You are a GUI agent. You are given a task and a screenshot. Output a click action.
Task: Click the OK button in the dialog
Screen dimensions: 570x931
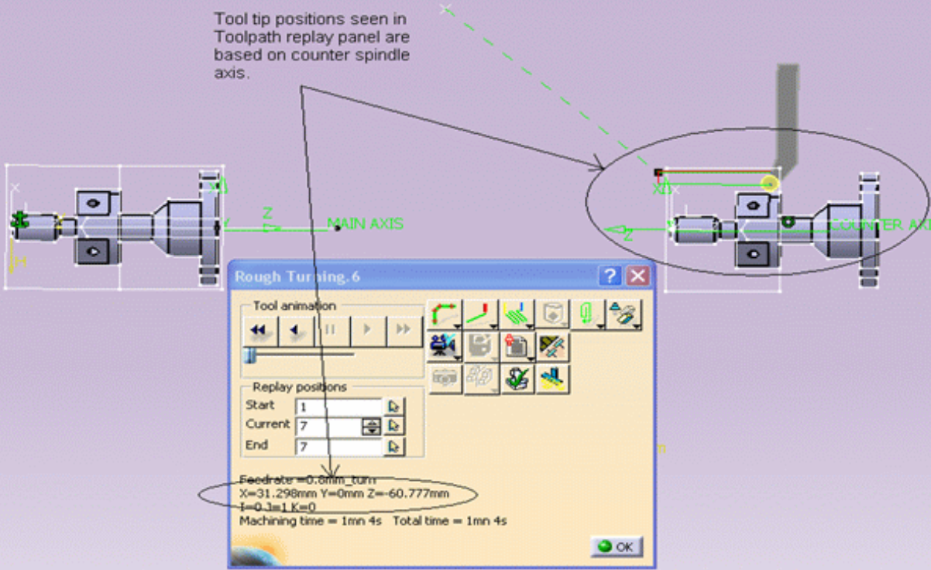[617, 547]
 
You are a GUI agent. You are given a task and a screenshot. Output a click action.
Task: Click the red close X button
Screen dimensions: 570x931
[637, 276]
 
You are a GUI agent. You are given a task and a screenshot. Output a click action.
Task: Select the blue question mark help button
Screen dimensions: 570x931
[611, 276]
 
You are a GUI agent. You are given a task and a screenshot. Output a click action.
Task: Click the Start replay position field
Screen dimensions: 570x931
[338, 406]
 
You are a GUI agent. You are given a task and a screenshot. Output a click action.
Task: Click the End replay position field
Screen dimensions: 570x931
[338, 446]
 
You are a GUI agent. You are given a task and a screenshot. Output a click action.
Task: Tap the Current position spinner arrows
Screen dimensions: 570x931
[372, 426]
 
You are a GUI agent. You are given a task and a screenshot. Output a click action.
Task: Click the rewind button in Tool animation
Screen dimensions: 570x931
[259, 331]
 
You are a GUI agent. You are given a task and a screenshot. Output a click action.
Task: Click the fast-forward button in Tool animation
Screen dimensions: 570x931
[403, 331]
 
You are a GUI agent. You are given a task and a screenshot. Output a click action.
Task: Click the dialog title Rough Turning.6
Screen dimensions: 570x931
[297, 277]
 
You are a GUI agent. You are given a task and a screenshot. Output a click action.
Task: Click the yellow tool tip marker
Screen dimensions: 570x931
[769, 184]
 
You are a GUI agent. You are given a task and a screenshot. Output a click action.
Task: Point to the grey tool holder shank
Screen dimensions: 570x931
[787, 108]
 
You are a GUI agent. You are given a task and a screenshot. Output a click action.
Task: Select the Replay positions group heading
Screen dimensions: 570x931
[300, 387]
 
